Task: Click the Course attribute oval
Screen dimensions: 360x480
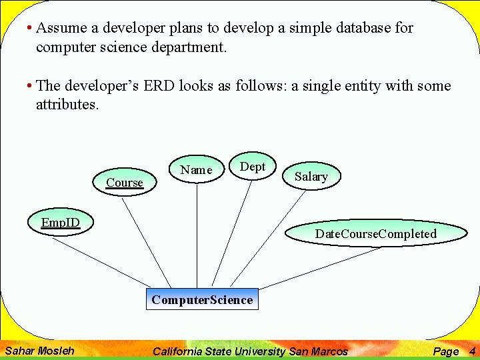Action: (125, 182)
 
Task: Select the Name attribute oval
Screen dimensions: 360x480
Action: (196, 170)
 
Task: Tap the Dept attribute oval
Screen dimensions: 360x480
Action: (252, 167)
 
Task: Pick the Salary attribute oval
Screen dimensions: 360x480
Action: (311, 176)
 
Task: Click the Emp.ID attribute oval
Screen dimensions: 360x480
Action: (60, 223)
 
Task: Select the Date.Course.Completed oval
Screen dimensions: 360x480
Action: (375, 233)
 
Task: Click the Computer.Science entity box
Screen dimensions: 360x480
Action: (202, 299)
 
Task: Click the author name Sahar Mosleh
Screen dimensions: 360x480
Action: (39, 351)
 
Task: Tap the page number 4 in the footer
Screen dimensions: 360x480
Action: (472, 351)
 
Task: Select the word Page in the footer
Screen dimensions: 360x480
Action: (446, 351)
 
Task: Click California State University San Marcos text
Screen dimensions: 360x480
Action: (250, 351)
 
